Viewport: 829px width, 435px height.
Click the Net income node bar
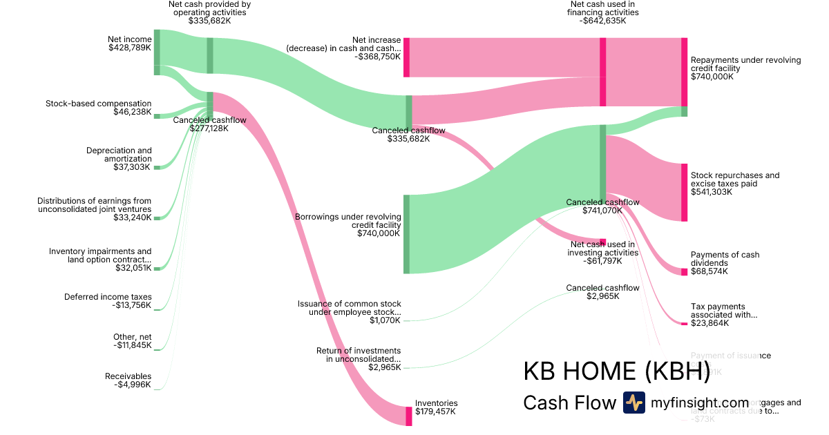coord(157,52)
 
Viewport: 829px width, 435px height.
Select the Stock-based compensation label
coord(98,104)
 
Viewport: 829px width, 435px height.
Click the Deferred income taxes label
coord(108,297)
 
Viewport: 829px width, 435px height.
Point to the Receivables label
coord(128,376)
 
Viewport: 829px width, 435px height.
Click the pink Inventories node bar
coord(409,416)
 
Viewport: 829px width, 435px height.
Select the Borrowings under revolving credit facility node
coord(406,234)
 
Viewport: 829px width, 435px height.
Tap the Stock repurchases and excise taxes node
coord(684,193)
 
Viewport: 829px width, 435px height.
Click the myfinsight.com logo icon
coord(633,403)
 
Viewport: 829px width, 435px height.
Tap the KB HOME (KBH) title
coord(616,371)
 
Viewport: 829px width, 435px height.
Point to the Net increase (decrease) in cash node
coord(406,57)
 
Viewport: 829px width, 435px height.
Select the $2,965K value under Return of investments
coord(385,367)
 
